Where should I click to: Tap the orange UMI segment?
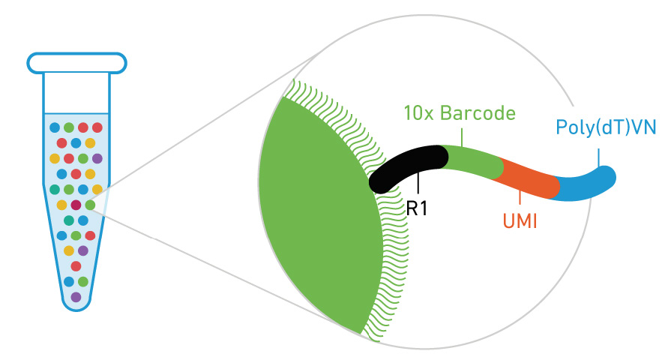[531, 177]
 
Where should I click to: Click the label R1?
[417, 208]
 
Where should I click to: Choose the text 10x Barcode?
[459, 114]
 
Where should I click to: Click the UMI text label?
[520, 222]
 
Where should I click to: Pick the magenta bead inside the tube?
[76, 205]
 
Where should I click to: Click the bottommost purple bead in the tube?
[76, 297]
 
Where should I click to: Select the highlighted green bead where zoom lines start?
[90, 205]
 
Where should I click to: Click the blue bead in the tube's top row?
[55, 127]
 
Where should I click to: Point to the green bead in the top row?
[69, 127]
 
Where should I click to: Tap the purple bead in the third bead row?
[97, 158]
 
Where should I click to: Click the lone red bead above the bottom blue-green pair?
[76, 266]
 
